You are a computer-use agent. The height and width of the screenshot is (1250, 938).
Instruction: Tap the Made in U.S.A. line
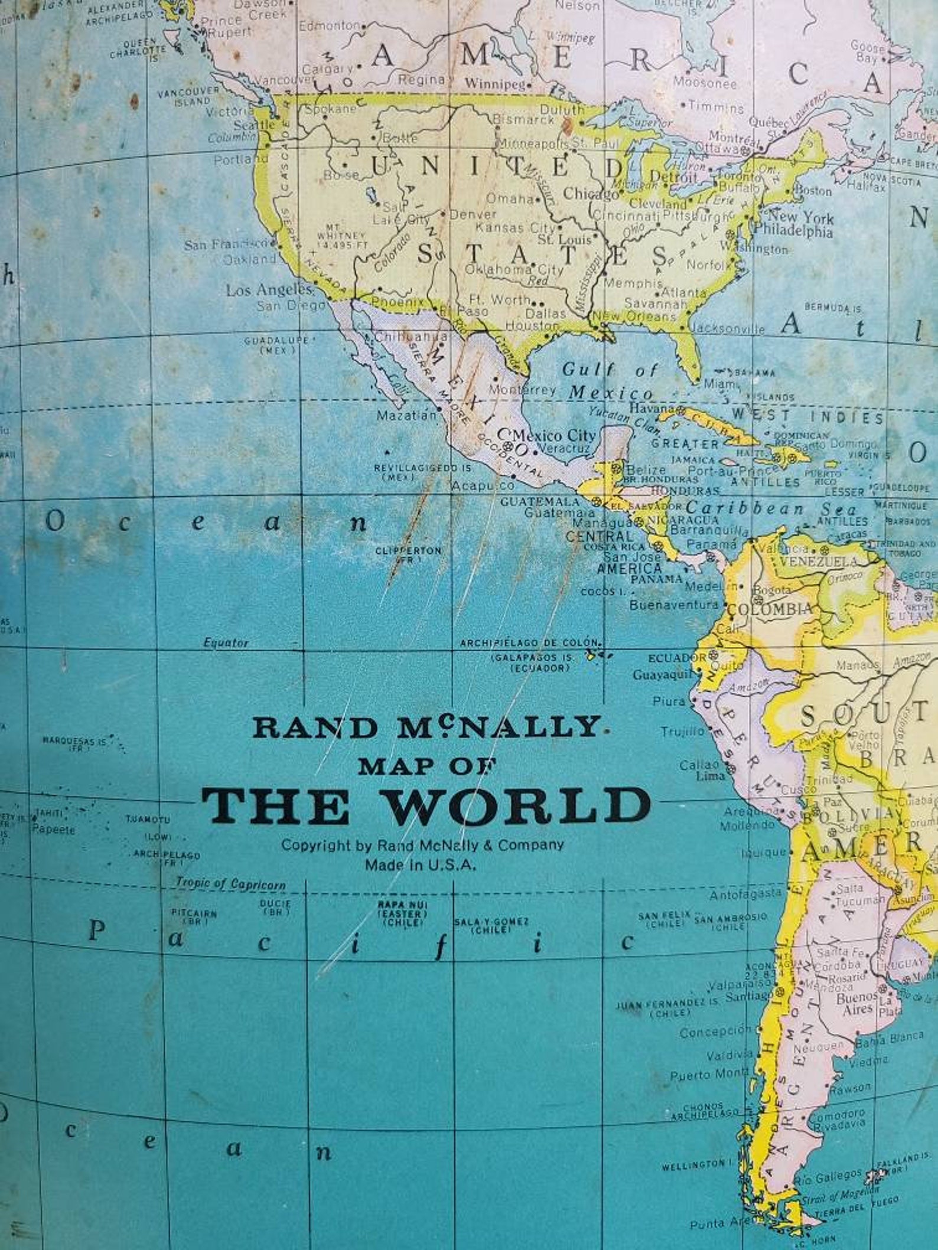[x=421, y=865]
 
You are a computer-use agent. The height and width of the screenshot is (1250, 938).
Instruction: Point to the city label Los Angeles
[x=269, y=290]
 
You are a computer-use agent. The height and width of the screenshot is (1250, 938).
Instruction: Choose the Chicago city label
[x=590, y=193]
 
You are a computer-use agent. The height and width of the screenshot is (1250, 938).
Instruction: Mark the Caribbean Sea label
[x=771, y=508]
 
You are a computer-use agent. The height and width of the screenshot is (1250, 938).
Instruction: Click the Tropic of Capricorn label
[x=231, y=885]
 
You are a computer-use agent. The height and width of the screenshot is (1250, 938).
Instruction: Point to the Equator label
[x=226, y=642]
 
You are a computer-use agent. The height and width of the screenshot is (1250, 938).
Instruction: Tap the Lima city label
[x=710, y=776]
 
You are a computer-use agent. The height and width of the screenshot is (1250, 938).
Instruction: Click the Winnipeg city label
[x=494, y=84]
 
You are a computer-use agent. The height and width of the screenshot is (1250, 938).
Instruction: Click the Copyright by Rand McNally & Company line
[x=422, y=844]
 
